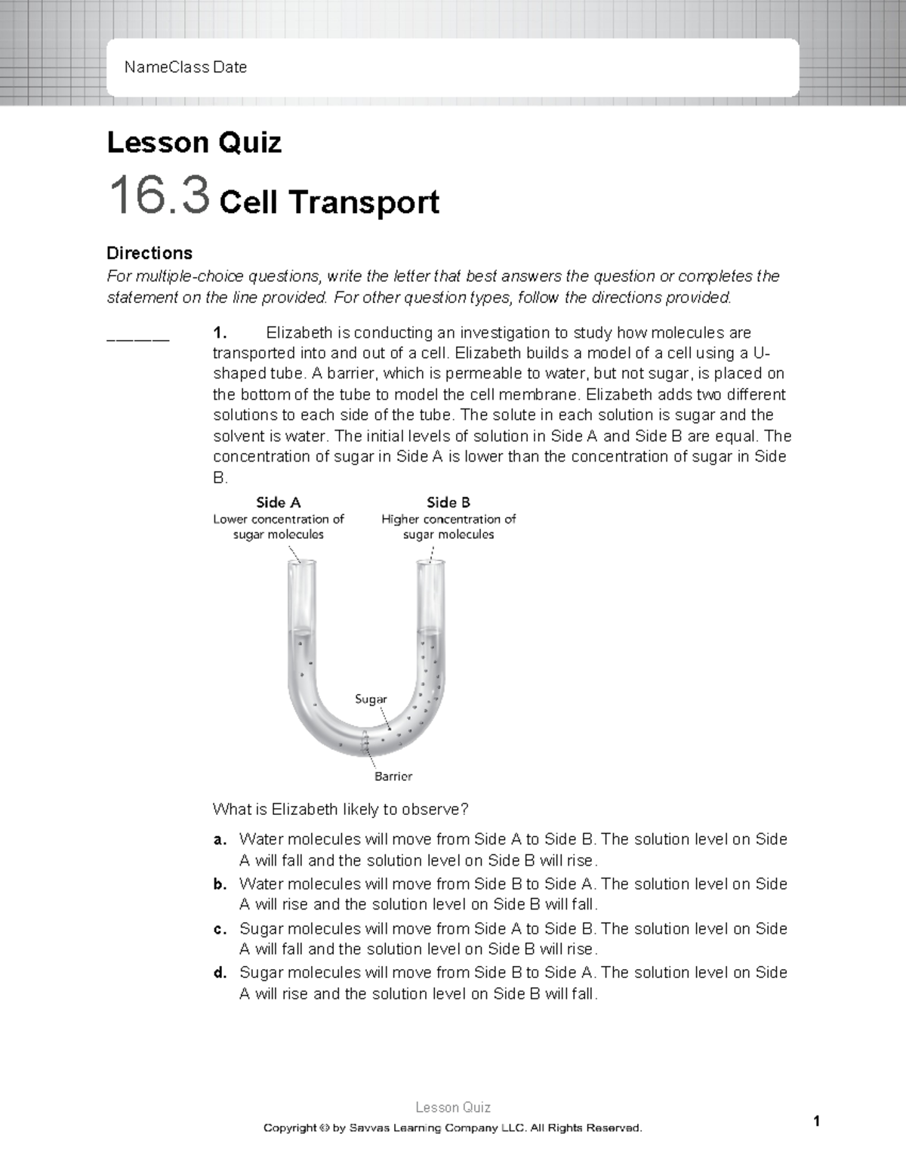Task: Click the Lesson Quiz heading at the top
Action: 194,143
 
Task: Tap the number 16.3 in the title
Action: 159,196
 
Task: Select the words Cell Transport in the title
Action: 328,202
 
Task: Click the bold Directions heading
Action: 149,252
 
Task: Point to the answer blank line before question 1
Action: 139,339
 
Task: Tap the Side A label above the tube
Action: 279,502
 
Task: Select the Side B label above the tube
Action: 448,502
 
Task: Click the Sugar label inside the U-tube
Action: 371,699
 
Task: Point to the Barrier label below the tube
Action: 393,776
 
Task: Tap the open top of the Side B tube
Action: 431,563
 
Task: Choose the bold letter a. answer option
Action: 220,839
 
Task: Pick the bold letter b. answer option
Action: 220,884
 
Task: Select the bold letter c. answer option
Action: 220,928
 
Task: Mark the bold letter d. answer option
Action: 220,973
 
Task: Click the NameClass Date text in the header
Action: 186,67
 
